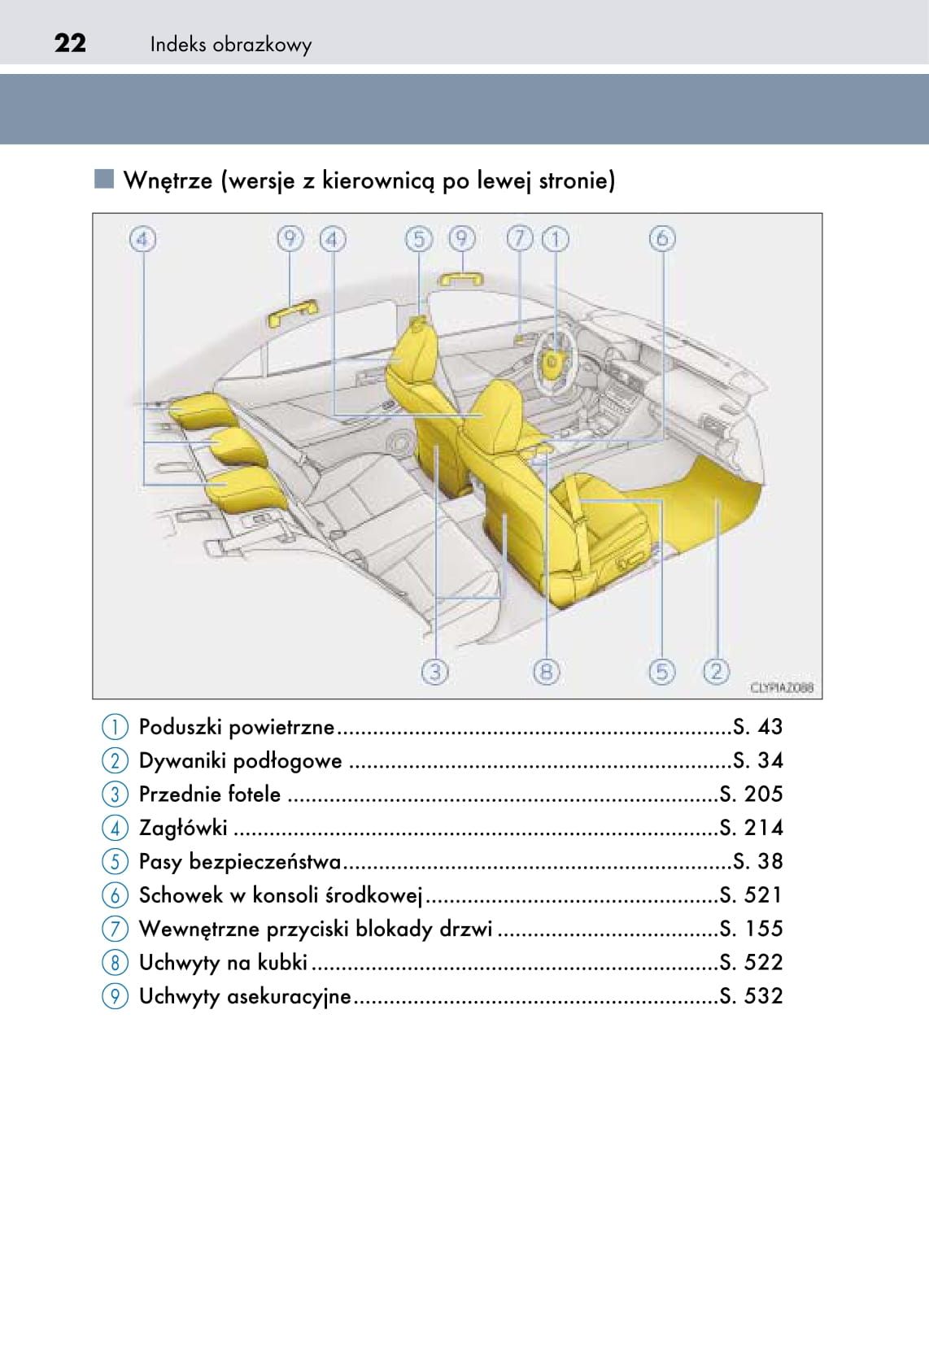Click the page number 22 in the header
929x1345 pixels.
[x=70, y=43]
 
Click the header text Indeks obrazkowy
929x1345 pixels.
[x=230, y=45]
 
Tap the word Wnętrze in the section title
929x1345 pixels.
[x=168, y=181]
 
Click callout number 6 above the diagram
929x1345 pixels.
[x=661, y=239]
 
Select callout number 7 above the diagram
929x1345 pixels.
[x=520, y=239]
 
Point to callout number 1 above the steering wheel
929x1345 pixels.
[x=556, y=239]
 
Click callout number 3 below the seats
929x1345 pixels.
[x=434, y=671]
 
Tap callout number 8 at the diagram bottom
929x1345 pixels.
[x=546, y=671]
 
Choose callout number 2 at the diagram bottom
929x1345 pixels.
[x=716, y=671]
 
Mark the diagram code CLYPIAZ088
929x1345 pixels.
[x=782, y=688]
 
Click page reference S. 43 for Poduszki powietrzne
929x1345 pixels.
[x=758, y=727]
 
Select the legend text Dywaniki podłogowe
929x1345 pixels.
[x=240, y=761]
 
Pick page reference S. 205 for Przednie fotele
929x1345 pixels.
[x=751, y=794]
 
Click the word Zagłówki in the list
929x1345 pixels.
[x=183, y=829]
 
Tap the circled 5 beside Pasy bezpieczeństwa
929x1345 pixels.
[x=115, y=862]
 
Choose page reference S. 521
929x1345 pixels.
[x=751, y=895]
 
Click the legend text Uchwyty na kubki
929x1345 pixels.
[x=223, y=963]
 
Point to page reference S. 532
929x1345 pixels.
[x=751, y=996]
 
